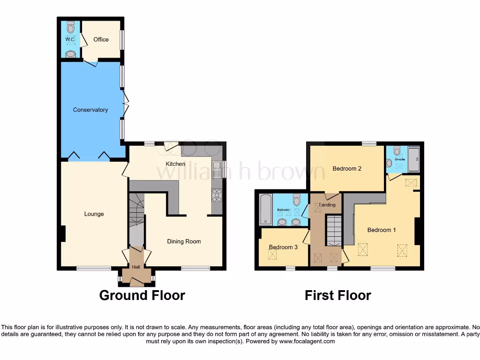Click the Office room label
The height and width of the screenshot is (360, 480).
(x=101, y=39)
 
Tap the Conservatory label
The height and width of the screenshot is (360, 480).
(x=90, y=110)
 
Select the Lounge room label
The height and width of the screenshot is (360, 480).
(x=94, y=214)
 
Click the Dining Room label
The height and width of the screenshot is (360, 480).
(x=184, y=241)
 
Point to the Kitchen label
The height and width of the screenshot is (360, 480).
(x=175, y=164)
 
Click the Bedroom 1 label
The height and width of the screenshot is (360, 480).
(x=382, y=230)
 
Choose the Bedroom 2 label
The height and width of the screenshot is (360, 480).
(x=347, y=169)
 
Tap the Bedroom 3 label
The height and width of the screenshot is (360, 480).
(x=283, y=247)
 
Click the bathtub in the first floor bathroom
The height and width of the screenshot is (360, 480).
(x=265, y=210)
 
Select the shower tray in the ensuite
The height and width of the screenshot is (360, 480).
(x=414, y=159)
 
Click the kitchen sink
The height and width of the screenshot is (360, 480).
(x=217, y=169)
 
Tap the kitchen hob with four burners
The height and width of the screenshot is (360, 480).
(x=217, y=195)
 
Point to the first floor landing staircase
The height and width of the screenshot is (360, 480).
(x=335, y=230)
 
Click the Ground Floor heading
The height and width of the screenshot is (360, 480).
(x=142, y=295)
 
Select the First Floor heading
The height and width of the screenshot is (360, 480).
(x=337, y=295)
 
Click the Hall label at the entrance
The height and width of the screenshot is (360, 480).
(x=136, y=267)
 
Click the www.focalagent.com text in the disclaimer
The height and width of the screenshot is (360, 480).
(x=307, y=341)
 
